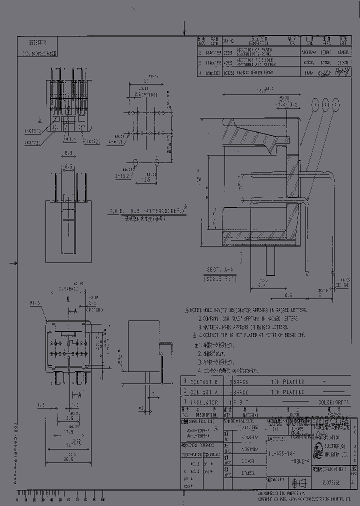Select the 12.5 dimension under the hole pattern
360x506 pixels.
click(146, 178)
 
